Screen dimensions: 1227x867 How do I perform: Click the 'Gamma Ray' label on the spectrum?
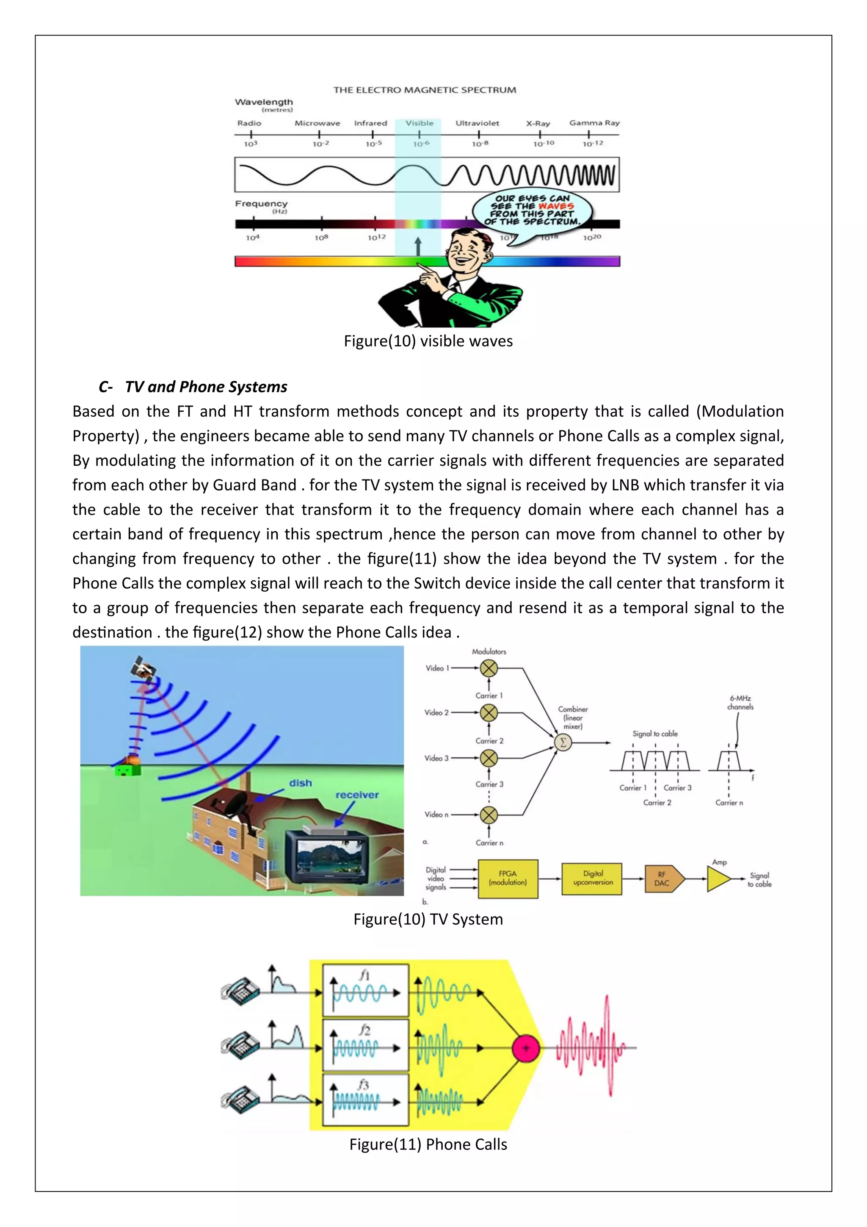(x=594, y=123)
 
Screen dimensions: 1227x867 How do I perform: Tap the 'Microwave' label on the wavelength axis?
(x=318, y=123)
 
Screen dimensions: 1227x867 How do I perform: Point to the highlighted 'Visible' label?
(x=420, y=123)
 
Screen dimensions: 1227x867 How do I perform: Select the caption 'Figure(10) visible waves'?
(x=428, y=341)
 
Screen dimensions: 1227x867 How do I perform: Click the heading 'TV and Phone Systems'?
(x=206, y=386)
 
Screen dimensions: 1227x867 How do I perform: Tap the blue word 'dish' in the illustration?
(x=300, y=783)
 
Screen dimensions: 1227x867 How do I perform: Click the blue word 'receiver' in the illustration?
(x=357, y=795)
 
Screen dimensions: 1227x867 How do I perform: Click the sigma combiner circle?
(x=563, y=742)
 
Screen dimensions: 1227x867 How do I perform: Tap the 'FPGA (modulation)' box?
(x=508, y=878)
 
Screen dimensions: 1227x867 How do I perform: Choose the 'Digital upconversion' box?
(x=592, y=878)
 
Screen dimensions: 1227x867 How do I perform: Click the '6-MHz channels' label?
(x=740, y=702)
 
